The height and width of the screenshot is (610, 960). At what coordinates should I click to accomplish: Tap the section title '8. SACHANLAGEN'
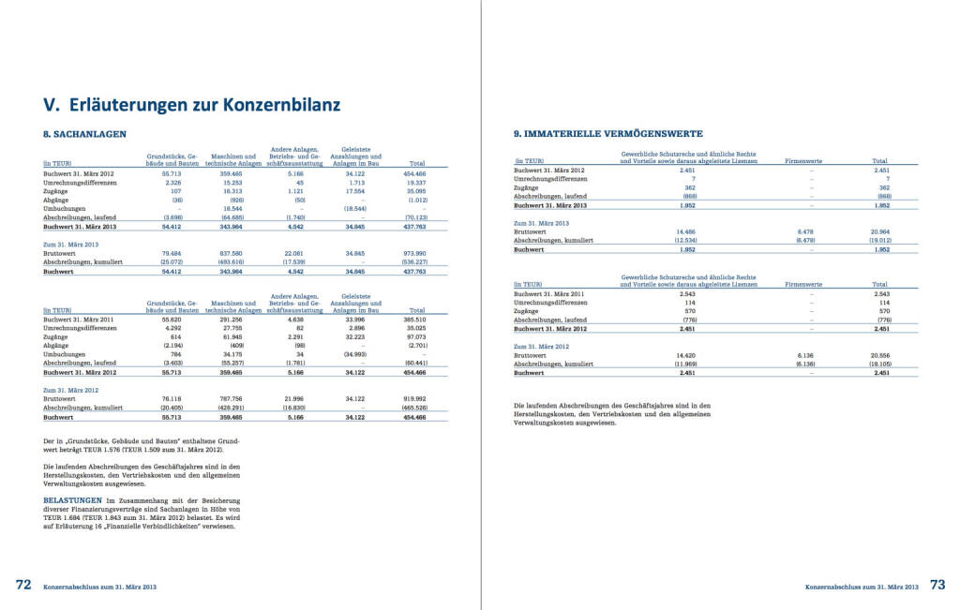tap(85, 134)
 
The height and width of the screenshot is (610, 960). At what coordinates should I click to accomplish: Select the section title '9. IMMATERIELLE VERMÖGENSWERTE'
tap(608, 134)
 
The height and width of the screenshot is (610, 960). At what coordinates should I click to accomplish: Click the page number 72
tap(23, 585)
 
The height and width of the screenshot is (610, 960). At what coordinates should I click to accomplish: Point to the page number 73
tap(937, 585)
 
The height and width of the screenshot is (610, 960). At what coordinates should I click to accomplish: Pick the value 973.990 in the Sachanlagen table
tap(413, 254)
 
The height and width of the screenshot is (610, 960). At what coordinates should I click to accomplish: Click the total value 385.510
tap(413, 320)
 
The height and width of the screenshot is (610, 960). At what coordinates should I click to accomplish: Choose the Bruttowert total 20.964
tap(879, 231)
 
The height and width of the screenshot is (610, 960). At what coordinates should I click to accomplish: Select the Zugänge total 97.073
tap(413, 336)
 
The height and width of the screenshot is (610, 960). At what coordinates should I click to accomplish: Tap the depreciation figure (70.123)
tap(412, 216)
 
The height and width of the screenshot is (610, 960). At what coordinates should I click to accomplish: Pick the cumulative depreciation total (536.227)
tap(412, 262)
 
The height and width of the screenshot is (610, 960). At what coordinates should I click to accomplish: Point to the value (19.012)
tap(878, 240)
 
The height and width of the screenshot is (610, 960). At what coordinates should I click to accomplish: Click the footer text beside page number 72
tap(99, 586)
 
